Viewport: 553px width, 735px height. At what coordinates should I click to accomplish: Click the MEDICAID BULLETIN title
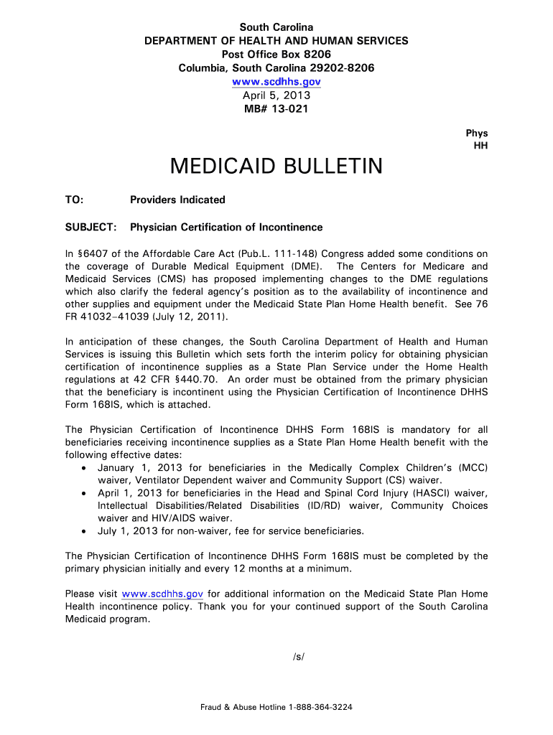[x=276, y=167]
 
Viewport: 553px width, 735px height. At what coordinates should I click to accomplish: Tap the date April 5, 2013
[x=276, y=95]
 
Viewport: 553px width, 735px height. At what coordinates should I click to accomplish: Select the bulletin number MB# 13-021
[x=276, y=109]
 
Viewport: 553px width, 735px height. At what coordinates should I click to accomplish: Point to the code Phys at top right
[x=477, y=133]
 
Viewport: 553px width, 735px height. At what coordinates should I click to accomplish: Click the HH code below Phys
[x=480, y=146]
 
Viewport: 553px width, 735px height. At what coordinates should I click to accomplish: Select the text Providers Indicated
[x=177, y=200]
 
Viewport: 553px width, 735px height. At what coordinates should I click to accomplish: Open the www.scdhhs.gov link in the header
[x=276, y=82]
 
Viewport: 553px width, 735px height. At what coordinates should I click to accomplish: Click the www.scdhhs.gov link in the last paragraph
[x=163, y=594]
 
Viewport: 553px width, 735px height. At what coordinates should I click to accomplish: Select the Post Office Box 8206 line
[x=276, y=55]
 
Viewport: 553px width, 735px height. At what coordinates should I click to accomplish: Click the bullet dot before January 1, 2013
[x=85, y=468]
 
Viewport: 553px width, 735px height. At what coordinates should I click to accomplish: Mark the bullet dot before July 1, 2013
[x=85, y=531]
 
